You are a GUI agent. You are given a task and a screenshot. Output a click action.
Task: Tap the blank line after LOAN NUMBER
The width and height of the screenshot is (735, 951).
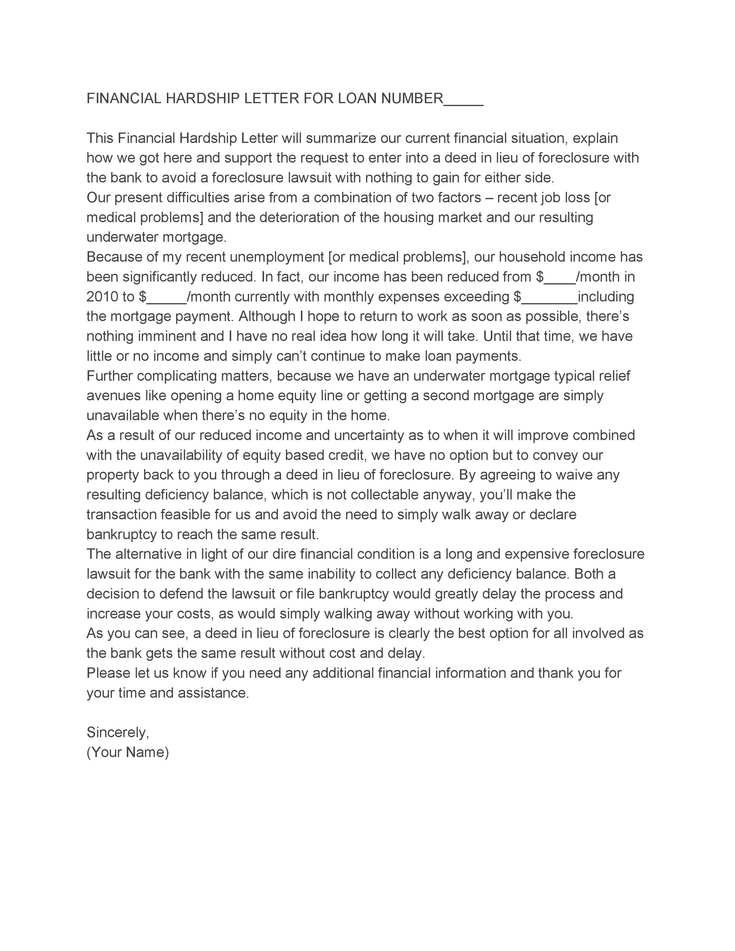(463, 103)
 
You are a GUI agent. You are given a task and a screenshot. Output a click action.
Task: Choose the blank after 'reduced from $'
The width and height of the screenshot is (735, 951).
(560, 280)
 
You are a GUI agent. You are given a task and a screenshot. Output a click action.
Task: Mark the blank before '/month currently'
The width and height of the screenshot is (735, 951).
(167, 301)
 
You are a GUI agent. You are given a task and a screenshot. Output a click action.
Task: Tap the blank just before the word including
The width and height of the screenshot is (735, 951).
(549, 301)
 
